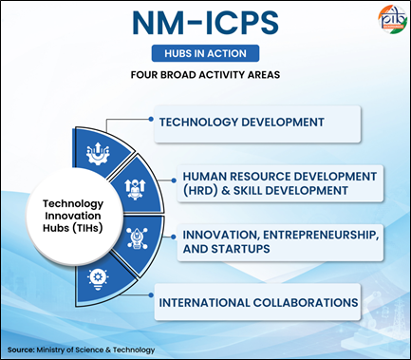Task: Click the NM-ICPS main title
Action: [205, 23]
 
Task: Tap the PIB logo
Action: [392, 19]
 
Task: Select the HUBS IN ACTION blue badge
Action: [205, 53]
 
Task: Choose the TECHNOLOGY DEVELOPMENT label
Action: [242, 123]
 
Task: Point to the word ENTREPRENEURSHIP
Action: [321, 235]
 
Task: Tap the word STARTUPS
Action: [240, 249]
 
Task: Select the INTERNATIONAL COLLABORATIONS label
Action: [258, 303]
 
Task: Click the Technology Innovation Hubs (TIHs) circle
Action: [73, 217]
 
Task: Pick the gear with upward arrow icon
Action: [98, 153]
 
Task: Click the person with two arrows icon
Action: [135, 189]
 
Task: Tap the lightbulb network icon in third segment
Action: [137, 238]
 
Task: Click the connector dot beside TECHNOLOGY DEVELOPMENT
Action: [151, 119]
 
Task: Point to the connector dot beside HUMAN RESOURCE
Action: [174, 180]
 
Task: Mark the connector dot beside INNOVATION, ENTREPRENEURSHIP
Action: [174, 237]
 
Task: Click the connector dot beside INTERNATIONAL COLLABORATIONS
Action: [151, 295]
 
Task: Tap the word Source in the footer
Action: [21, 350]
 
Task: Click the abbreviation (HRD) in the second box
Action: [200, 191]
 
